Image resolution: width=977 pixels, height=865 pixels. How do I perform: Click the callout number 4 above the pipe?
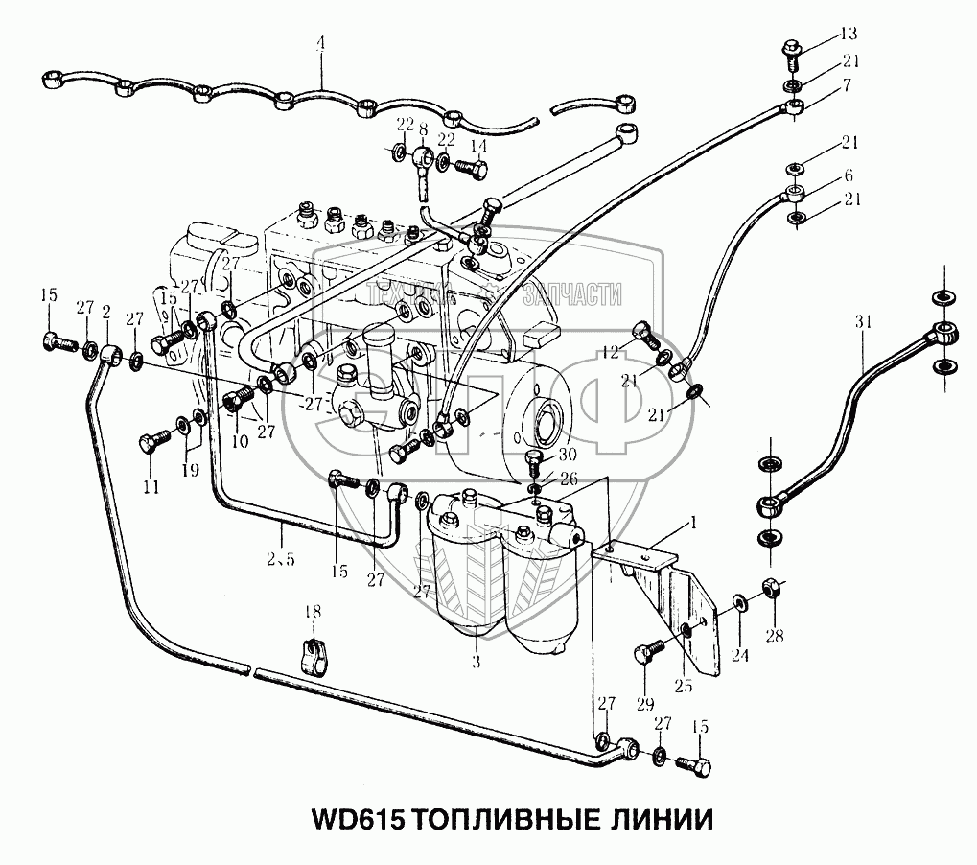321,43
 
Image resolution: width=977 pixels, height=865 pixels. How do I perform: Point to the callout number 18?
312,612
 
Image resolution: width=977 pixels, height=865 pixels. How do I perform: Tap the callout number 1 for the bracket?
692,525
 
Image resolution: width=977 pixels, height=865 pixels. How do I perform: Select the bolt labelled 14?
471,169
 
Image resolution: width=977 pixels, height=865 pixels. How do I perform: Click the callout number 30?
568,456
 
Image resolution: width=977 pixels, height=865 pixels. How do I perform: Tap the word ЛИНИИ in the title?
662,822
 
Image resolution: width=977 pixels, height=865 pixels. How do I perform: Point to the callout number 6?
848,177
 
